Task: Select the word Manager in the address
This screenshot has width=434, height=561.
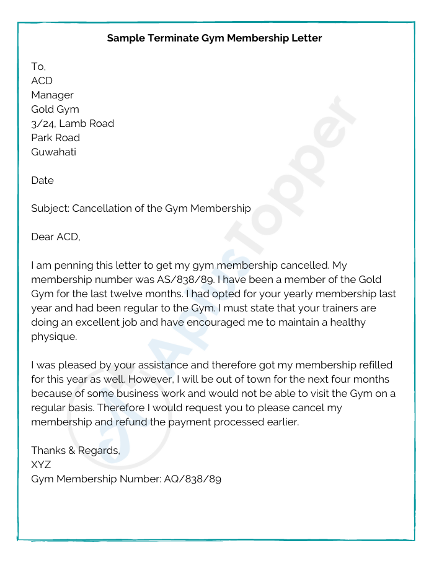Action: tap(52, 95)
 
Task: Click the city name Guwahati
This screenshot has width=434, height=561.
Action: tap(53, 152)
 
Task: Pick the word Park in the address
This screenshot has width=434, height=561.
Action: tap(42, 138)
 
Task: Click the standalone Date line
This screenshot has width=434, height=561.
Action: tap(42, 181)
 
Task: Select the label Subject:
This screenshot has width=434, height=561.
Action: tap(50, 209)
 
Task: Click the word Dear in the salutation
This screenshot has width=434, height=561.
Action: tap(42, 237)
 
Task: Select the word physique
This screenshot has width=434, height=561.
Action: tap(54, 337)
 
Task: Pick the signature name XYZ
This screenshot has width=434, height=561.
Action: tap(41, 464)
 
